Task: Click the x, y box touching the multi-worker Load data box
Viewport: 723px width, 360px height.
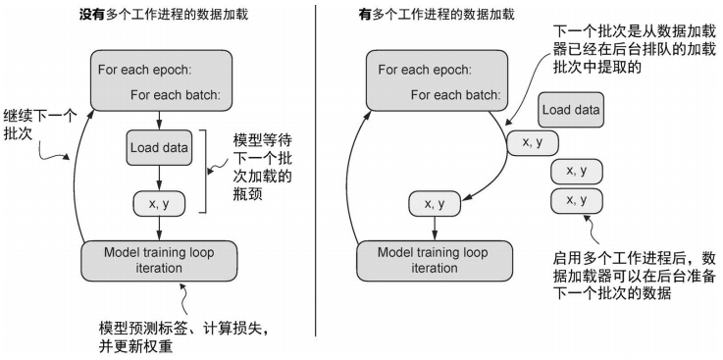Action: pos(532,143)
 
